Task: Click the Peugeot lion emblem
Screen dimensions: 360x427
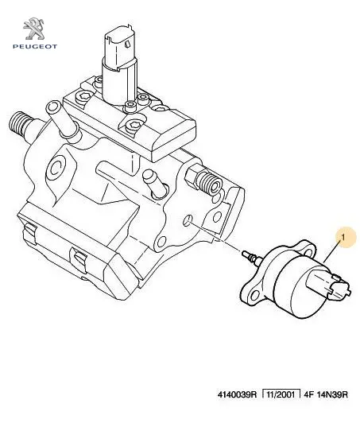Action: [34, 29]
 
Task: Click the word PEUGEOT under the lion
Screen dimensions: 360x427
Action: [35, 47]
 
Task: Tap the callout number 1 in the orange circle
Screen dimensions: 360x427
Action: [343, 238]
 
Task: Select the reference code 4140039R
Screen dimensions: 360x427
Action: [237, 394]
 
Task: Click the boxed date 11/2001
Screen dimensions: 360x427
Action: [281, 394]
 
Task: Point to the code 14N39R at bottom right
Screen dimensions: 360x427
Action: [332, 394]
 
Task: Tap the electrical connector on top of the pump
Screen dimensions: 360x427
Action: [120, 63]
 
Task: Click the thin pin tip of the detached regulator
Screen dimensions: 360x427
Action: [245, 254]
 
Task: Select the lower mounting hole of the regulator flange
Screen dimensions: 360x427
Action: [254, 295]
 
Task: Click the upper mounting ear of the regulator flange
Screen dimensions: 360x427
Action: [308, 248]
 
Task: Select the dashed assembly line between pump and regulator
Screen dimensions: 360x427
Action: [215, 238]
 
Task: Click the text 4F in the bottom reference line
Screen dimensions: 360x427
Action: [309, 394]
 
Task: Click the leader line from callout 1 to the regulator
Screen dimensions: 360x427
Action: [332, 252]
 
